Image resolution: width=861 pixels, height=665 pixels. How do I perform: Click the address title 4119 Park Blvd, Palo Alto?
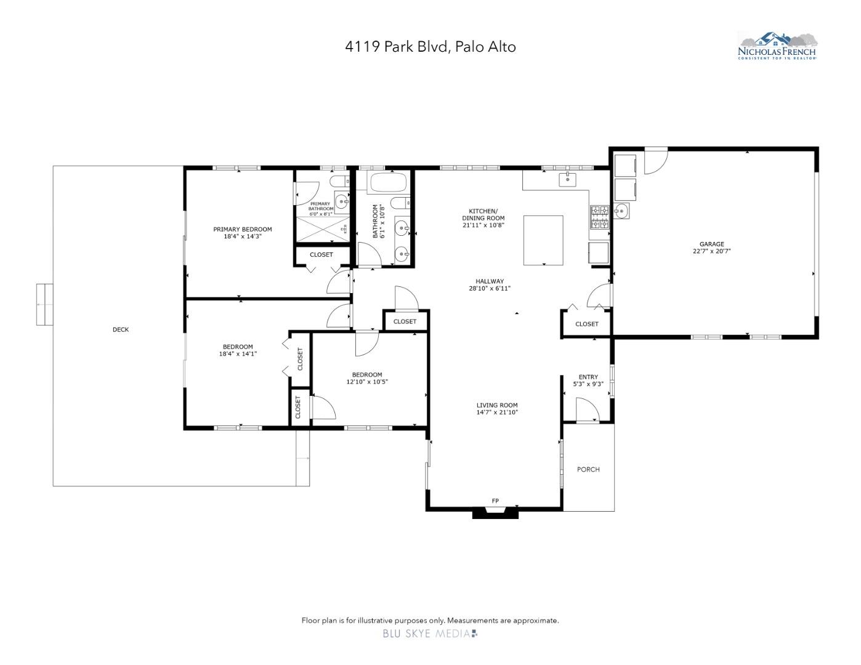click(x=430, y=47)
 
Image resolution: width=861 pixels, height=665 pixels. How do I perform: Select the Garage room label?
click(x=711, y=244)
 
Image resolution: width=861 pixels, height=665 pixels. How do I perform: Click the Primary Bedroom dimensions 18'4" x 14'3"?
click(x=243, y=236)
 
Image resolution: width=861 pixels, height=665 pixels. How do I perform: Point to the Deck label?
click(x=121, y=329)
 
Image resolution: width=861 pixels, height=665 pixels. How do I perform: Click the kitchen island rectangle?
click(x=543, y=240)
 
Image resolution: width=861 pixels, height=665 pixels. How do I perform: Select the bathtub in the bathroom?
click(x=387, y=183)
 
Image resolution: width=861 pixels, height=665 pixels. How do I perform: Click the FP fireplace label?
click(x=495, y=501)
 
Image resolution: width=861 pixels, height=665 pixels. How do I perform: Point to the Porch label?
click(x=588, y=469)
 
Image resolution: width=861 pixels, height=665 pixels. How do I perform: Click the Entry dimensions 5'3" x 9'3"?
click(x=588, y=384)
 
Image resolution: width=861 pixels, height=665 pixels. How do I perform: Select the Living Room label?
click(x=497, y=405)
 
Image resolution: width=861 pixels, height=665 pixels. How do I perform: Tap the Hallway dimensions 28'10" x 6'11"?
click(x=490, y=288)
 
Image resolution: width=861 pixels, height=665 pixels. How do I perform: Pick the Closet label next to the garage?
click(x=586, y=324)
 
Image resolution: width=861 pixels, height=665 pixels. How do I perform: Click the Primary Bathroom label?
click(x=321, y=206)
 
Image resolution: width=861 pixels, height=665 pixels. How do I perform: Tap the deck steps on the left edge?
click(x=44, y=304)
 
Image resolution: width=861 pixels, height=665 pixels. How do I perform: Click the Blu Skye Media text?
click(x=430, y=634)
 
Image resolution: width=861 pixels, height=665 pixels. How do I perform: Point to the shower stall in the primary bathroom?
click(x=321, y=230)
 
